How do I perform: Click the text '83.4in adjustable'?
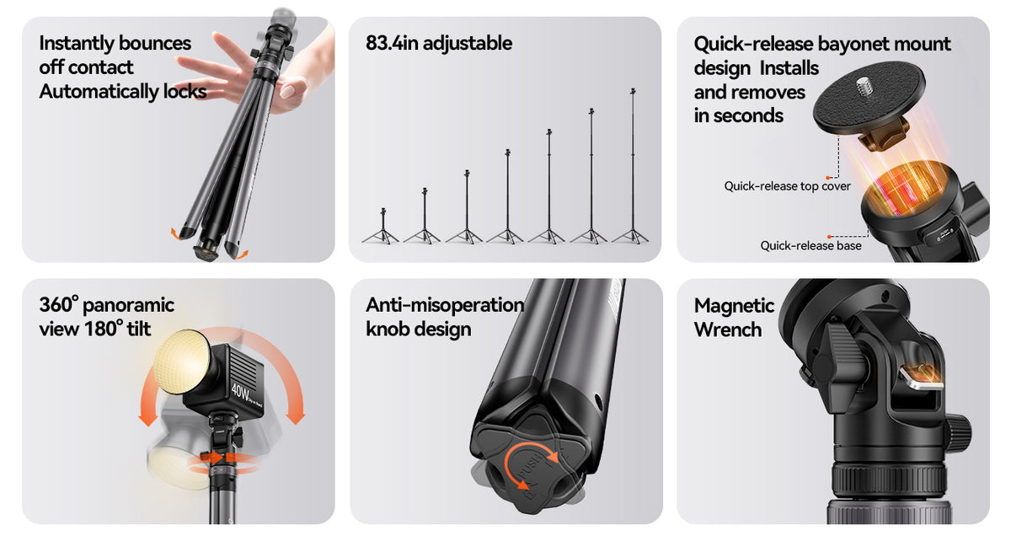coord(439,43)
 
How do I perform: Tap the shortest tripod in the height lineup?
coord(382,226)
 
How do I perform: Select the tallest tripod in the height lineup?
coord(632,166)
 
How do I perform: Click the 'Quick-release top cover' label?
coord(787,186)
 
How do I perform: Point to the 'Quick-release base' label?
coord(810,246)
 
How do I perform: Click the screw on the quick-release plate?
coord(864,84)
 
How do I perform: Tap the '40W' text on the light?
coord(240,392)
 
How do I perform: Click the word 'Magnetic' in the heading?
coord(734,306)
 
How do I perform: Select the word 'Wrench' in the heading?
coord(728,329)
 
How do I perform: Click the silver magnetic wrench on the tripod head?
coord(921,378)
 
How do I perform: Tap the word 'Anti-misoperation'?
coord(445,305)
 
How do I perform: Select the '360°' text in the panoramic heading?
coord(59,305)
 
